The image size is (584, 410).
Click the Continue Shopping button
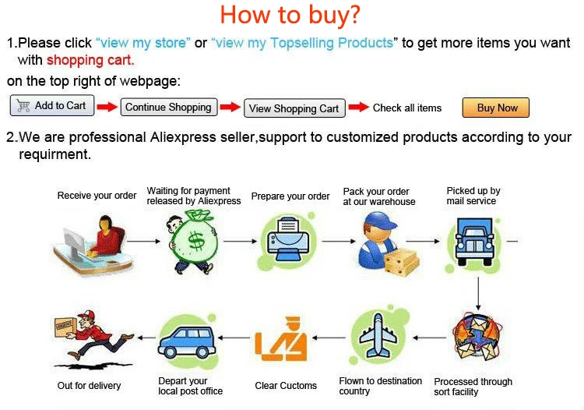[168, 108]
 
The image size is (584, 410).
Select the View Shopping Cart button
[294, 108]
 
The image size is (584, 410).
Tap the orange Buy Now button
[497, 108]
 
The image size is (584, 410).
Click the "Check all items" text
[406, 108]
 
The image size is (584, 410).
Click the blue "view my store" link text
[142, 43]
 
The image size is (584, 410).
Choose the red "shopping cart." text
[90, 60]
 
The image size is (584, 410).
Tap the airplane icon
[379, 338]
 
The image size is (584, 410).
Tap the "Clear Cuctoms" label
[286, 386]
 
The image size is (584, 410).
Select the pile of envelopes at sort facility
[474, 341]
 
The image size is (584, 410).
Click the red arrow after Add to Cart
[107, 107]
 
